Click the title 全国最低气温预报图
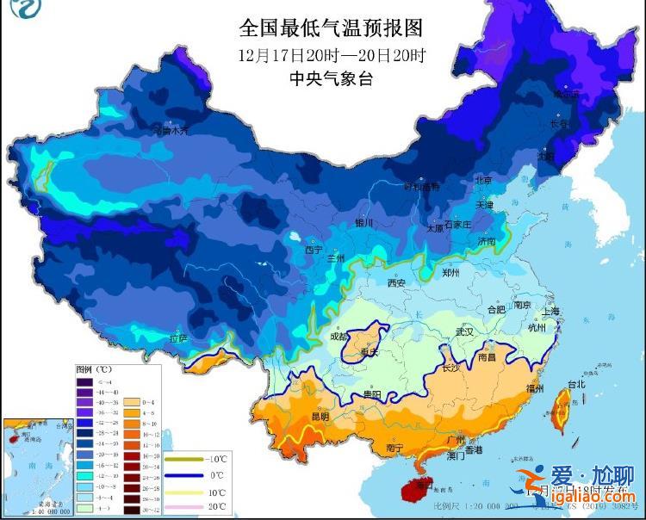[x=331, y=28]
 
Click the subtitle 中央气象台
[x=331, y=79]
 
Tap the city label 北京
[x=483, y=181]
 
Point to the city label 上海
[x=550, y=311]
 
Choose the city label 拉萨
[x=177, y=338]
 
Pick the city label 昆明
[x=320, y=417]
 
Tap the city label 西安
[x=396, y=282]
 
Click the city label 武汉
[x=465, y=331]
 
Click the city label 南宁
[x=395, y=448]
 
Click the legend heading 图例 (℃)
[x=93, y=368]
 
